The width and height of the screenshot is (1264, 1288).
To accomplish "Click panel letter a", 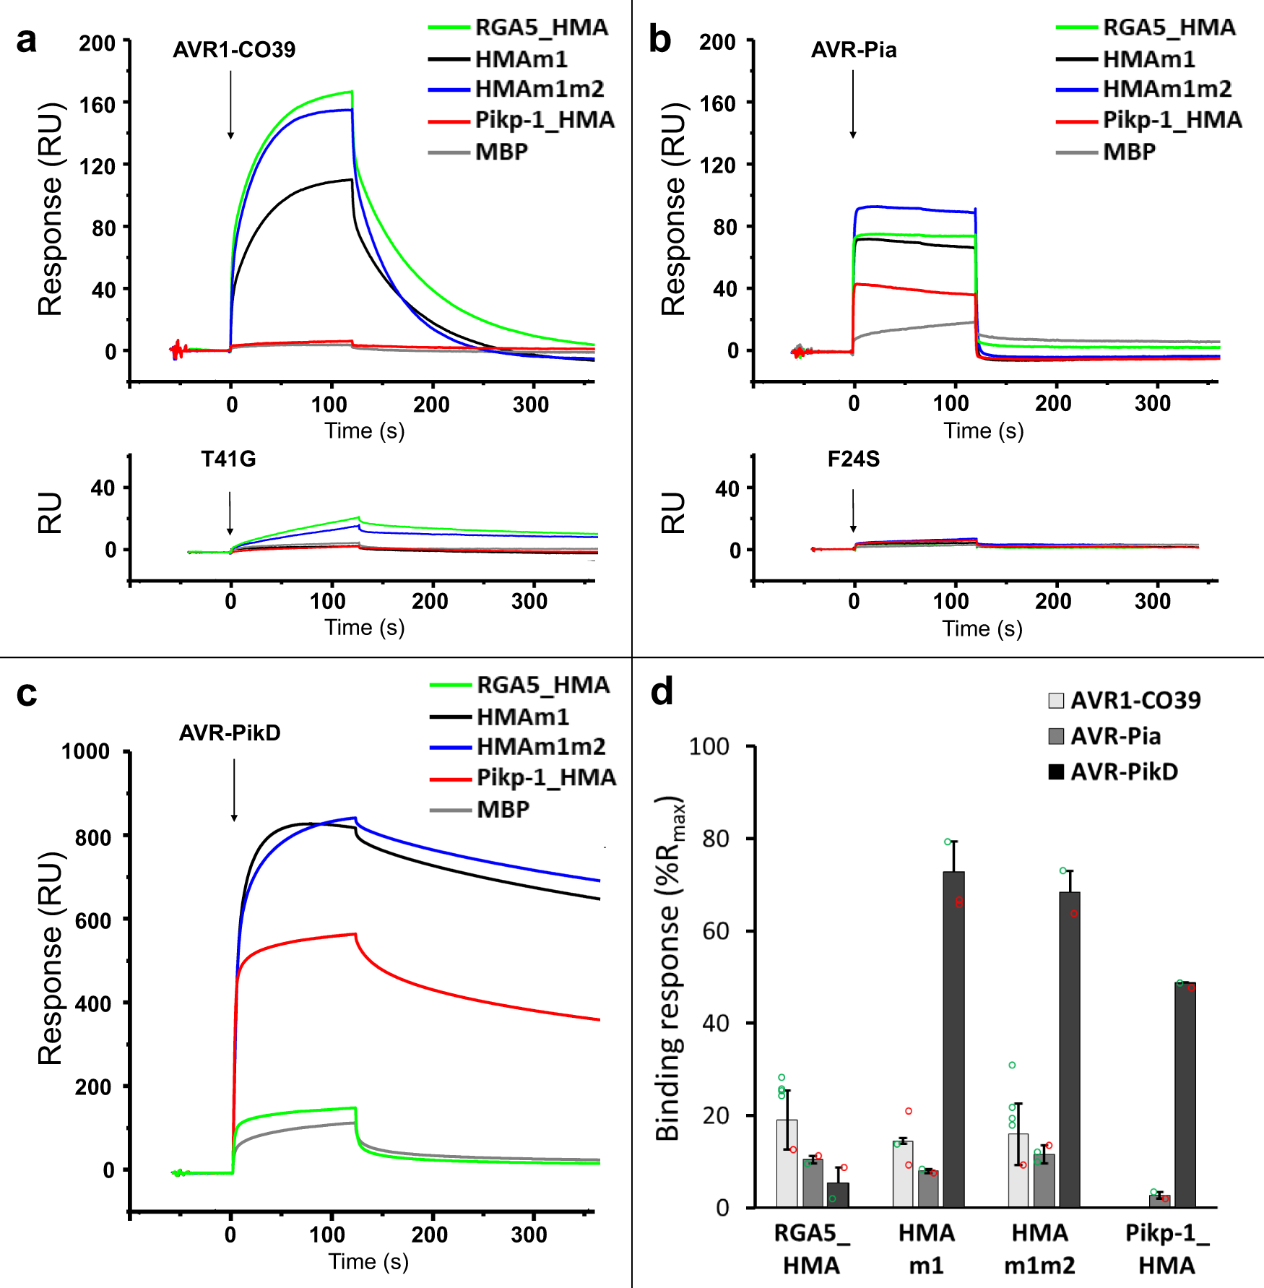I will point(27,41).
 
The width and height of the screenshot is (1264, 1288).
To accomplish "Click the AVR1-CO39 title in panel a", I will point(234,50).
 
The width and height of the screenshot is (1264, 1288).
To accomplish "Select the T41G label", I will point(228,459).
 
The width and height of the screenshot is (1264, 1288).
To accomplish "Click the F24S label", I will point(853,459).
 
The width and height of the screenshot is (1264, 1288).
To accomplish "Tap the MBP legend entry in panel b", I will point(1129,152).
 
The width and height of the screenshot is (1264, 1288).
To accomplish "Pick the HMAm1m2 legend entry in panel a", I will point(539,90).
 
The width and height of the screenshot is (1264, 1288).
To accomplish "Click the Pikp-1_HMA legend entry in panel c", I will point(546,778).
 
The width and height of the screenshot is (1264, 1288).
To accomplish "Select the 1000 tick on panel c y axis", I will point(86,752).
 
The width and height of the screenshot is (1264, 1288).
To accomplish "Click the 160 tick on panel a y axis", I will point(97,105).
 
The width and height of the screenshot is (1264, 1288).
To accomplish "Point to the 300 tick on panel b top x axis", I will point(1152,404).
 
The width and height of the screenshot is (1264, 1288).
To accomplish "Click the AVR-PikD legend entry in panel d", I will point(1123,772).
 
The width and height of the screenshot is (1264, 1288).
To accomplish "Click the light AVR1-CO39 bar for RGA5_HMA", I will point(787,1163).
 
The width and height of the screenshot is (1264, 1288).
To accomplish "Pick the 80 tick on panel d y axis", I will point(715,839).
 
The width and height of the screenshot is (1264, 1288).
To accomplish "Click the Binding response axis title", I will point(669,968).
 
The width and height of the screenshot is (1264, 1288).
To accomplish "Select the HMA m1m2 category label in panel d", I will point(1039,1249).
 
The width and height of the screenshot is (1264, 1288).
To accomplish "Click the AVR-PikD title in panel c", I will point(230,733).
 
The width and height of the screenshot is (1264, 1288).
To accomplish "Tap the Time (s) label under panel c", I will point(368,1261).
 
